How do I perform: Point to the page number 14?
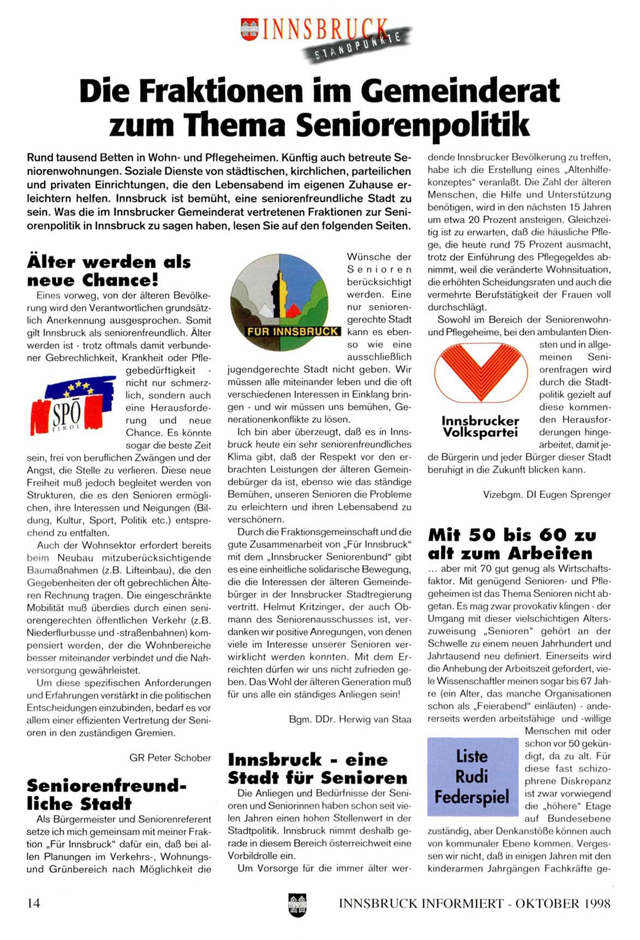tap(34, 903)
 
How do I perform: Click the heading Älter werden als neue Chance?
tap(109, 271)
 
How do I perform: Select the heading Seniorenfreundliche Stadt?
tap(106, 795)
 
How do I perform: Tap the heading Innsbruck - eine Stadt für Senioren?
tap(318, 768)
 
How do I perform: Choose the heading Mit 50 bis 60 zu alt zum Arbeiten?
tap(512, 543)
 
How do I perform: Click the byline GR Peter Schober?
tap(170, 758)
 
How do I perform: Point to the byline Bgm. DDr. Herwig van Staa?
tap(350, 719)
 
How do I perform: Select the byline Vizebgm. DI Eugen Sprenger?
tap(547, 495)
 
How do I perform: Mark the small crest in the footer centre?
tap(297, 904)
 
